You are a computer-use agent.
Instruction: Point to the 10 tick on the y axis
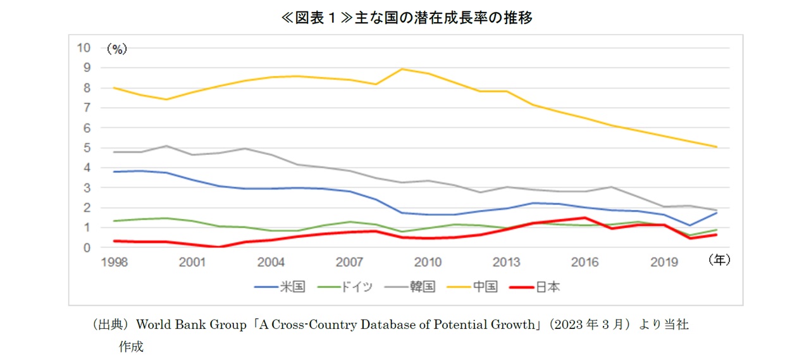[83, 47]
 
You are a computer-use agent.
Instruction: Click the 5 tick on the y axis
[87, 147]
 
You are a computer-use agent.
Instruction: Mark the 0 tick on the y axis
[87, 247]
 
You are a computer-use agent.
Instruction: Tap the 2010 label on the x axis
[428, 262]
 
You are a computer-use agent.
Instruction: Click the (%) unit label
[116, 49]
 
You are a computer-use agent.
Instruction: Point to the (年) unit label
[719, 259]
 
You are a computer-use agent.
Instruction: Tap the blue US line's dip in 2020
[690, 225]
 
